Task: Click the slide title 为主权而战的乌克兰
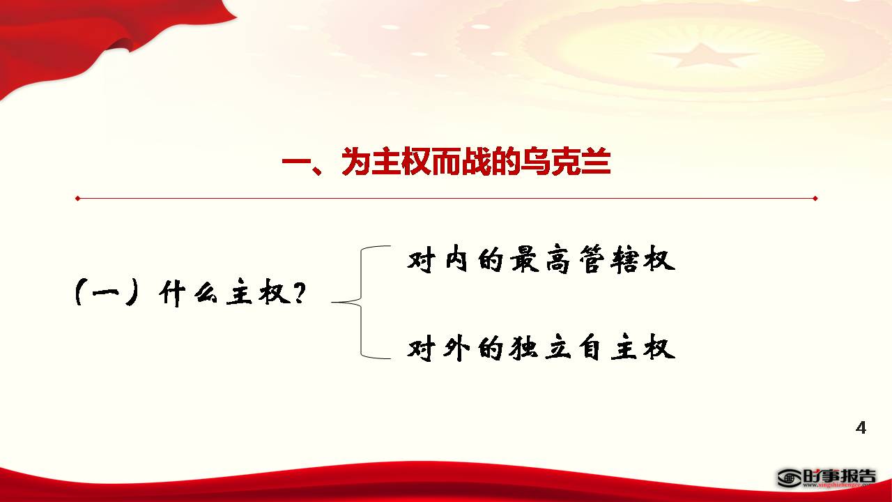pos(476,161)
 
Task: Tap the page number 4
pos(861,427)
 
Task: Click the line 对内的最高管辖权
pos(541,259)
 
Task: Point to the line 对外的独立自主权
pos(541,349)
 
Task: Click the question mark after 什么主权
pos(299,293)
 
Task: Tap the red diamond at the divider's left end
pos(78,198)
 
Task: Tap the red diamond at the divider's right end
pos(815,198)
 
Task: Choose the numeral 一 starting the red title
pos(297,162)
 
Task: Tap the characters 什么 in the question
pos(188,293)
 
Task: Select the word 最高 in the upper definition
pos(540,259)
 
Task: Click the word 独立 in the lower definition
pos(540,349)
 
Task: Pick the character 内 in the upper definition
pos(456,259)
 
